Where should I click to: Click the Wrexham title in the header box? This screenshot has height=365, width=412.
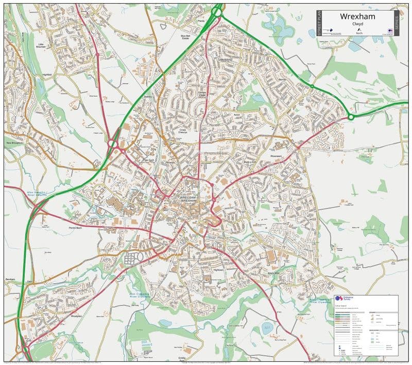[357, 16]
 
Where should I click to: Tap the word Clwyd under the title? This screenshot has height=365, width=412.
[357, 24]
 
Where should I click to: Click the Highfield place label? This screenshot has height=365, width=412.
[47, 75]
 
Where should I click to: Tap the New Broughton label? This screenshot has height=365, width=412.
[15, 142]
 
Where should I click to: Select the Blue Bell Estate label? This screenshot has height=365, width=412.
[186, 36]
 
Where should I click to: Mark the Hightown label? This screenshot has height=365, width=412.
[218, 269]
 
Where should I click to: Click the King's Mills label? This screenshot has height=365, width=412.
[273, 273]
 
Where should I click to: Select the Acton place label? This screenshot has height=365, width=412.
[237, 115]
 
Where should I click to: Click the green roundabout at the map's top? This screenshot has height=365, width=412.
[217, 11]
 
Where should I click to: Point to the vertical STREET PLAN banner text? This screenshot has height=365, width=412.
[319, 23]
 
